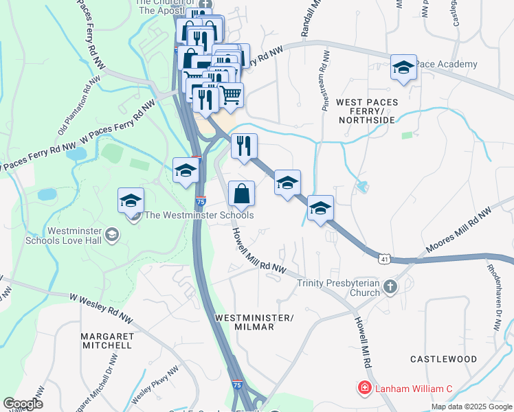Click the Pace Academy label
click(x=446, y=65)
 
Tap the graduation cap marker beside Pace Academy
click(x=404, y=68)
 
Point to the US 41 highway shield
click(x=384, y=257)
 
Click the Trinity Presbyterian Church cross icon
click(x=390, y=286)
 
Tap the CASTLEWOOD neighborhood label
click(x=443, y=359)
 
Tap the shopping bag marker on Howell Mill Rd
click(x=241, y=194)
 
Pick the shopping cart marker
click(x=230, y=95)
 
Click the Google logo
click(x=23, y=404)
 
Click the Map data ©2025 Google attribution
click(x=471, y=407)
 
